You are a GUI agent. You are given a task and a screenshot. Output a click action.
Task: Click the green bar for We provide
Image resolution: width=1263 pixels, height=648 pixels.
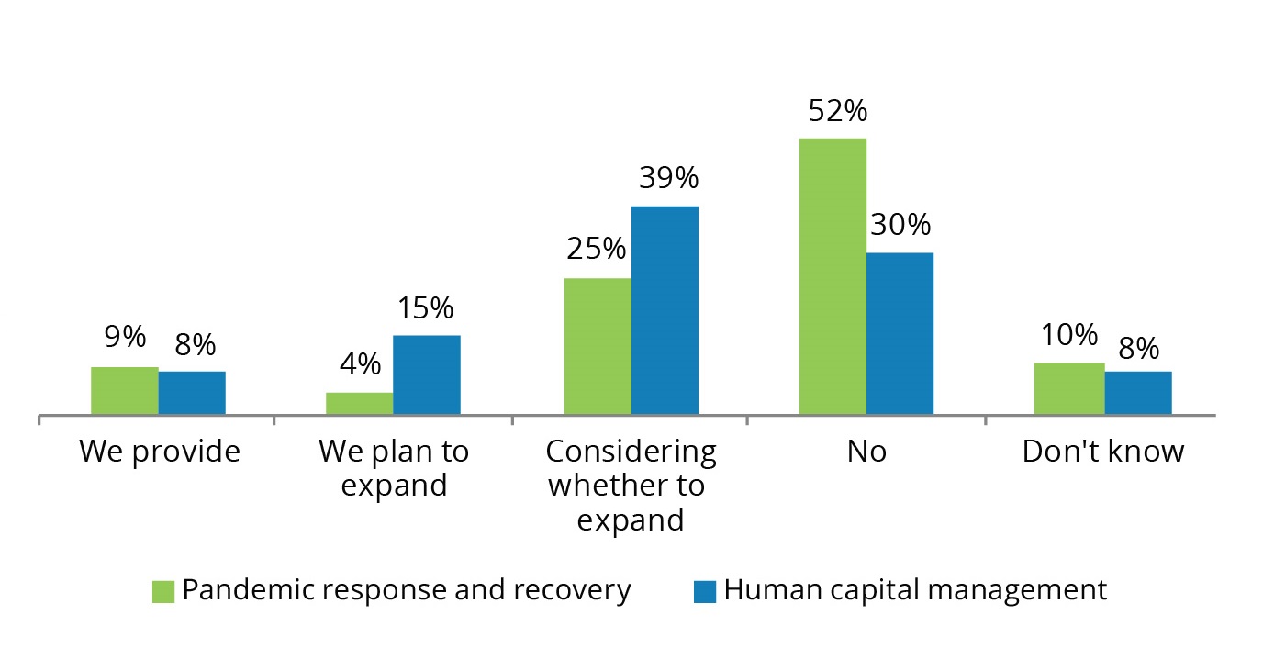[124, 391]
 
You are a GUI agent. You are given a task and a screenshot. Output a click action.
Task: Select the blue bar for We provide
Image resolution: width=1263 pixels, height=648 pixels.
[192, 393]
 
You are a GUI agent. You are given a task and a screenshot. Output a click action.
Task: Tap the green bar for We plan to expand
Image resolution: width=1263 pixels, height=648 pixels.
[359, 404]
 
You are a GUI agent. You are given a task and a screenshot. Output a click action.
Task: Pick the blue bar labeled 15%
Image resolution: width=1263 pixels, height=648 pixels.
[427, 375]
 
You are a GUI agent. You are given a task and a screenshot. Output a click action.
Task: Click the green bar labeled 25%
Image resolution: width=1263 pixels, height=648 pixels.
[598, 346]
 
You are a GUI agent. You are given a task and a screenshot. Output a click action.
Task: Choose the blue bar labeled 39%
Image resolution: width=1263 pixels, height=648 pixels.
[665, 310]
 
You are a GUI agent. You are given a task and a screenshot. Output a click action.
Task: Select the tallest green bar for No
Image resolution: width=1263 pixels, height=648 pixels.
[833, 276]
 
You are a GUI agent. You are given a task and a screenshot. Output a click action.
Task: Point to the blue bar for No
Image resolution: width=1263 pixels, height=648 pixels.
[900, 333]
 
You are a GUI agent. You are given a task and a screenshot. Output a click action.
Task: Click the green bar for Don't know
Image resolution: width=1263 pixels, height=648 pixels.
[1069, 389]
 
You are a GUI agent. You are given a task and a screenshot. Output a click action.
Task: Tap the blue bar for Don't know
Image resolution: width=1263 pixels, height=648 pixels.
[1138, 393]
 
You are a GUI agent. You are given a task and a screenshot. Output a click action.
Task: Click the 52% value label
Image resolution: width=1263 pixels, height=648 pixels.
[836, 111]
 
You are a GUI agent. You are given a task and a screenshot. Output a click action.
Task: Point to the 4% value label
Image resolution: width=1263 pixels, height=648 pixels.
[359, 364]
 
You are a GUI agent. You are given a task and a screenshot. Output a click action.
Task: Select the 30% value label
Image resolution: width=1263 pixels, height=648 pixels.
[900, 225]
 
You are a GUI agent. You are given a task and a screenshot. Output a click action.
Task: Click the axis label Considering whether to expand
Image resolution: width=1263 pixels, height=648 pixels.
[631, 486]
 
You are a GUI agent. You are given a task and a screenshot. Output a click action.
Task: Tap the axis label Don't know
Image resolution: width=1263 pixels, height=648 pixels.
[1103, 452]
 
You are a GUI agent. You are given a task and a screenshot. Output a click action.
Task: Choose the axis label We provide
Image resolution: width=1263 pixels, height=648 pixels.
[160, 452]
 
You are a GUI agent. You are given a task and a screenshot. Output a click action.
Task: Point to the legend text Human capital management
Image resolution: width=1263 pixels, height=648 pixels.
[915, 590]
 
